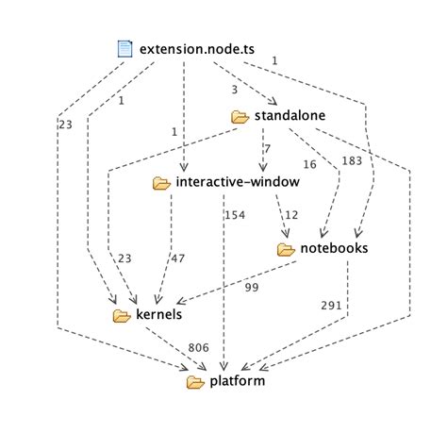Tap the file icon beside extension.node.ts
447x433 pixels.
coord(124,47)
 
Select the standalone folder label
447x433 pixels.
coord(291,115)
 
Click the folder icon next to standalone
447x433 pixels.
coord(240,116)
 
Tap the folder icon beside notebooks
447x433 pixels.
coord(287,249)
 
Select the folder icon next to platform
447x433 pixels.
coord(195,382)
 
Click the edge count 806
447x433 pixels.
coord(198,348)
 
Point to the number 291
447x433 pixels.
coord(329,305)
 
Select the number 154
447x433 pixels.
coord(235,215)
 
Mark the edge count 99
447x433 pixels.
coord(252,286)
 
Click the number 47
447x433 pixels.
coord(177,258)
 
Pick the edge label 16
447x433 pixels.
coord(309,163)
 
